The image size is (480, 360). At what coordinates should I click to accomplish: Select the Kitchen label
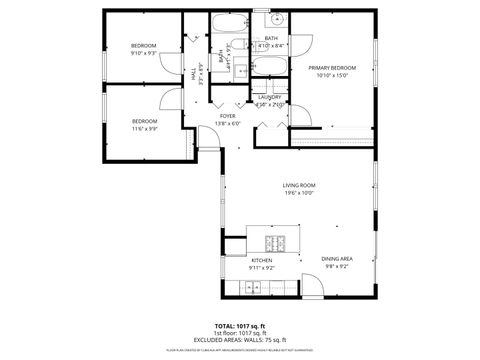262,260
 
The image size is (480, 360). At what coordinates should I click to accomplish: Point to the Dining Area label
336,259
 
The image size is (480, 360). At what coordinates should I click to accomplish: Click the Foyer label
228,116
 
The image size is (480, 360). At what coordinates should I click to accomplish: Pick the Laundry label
270,97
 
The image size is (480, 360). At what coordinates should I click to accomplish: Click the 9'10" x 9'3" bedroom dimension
145,54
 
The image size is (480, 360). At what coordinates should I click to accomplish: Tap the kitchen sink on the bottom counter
252,289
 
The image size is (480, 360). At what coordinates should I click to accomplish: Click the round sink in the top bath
272,21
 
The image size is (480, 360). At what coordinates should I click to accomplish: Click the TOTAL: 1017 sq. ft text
240,326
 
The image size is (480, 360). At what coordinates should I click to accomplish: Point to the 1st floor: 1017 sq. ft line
240,333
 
